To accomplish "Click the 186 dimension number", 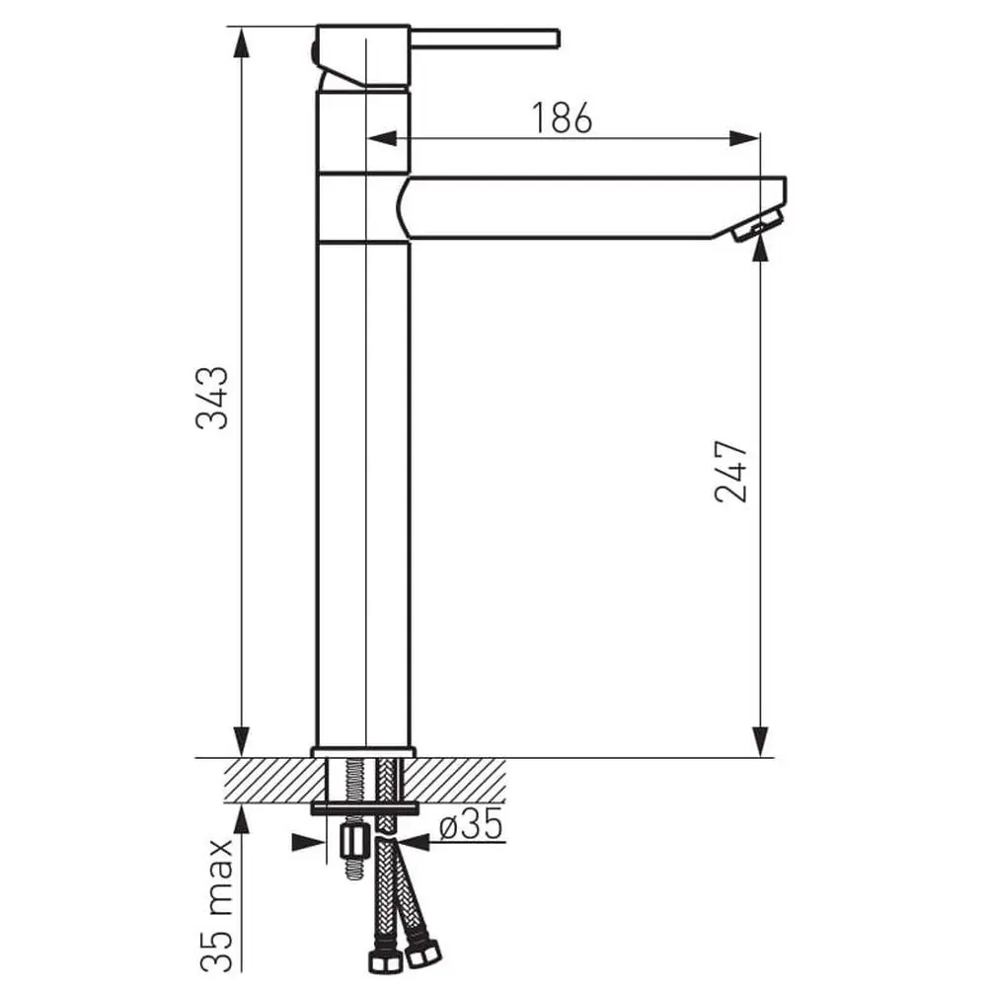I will (x=563, y=118).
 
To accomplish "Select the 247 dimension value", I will (x=732, y=472).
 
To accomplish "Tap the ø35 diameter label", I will (x=470, y=824).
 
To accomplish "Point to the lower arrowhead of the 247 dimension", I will (x=760, y=742).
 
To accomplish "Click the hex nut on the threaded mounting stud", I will (x=352, y=842).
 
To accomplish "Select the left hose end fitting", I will (x=378, y=960).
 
